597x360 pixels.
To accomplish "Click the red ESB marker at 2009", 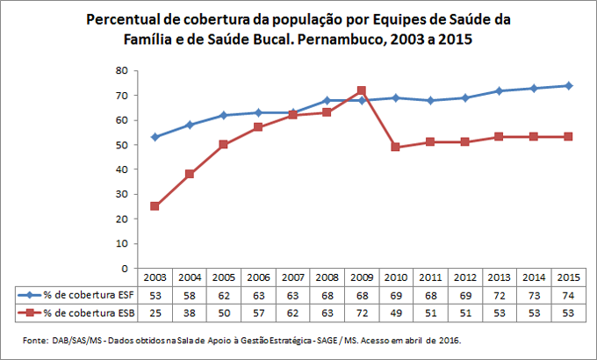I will pyautogui.click(x=361, y=90).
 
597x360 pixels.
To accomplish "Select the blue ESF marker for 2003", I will pyautogui.click(x=155, y=137).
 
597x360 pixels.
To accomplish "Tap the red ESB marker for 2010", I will pyautogui.click(x=395, y=147).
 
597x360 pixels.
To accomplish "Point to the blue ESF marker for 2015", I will pyautogui.click(x=568, y=85).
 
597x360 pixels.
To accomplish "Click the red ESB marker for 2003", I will pyautogui.click(x=155, y=206).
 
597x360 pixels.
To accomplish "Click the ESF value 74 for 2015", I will pyautogui.click(x=568, y=296).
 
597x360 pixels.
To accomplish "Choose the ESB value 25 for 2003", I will pyautogui.click(x=155, y=312).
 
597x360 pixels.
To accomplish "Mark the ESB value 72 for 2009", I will pyautogui.click(x=361, y=312).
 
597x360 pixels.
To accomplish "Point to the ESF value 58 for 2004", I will pyautogui.click(x=189, y=296).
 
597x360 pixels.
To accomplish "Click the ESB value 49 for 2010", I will pyautogui.click(x=395, y=312).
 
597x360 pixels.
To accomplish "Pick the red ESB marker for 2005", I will pyautogui.click(x=223, y=144).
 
